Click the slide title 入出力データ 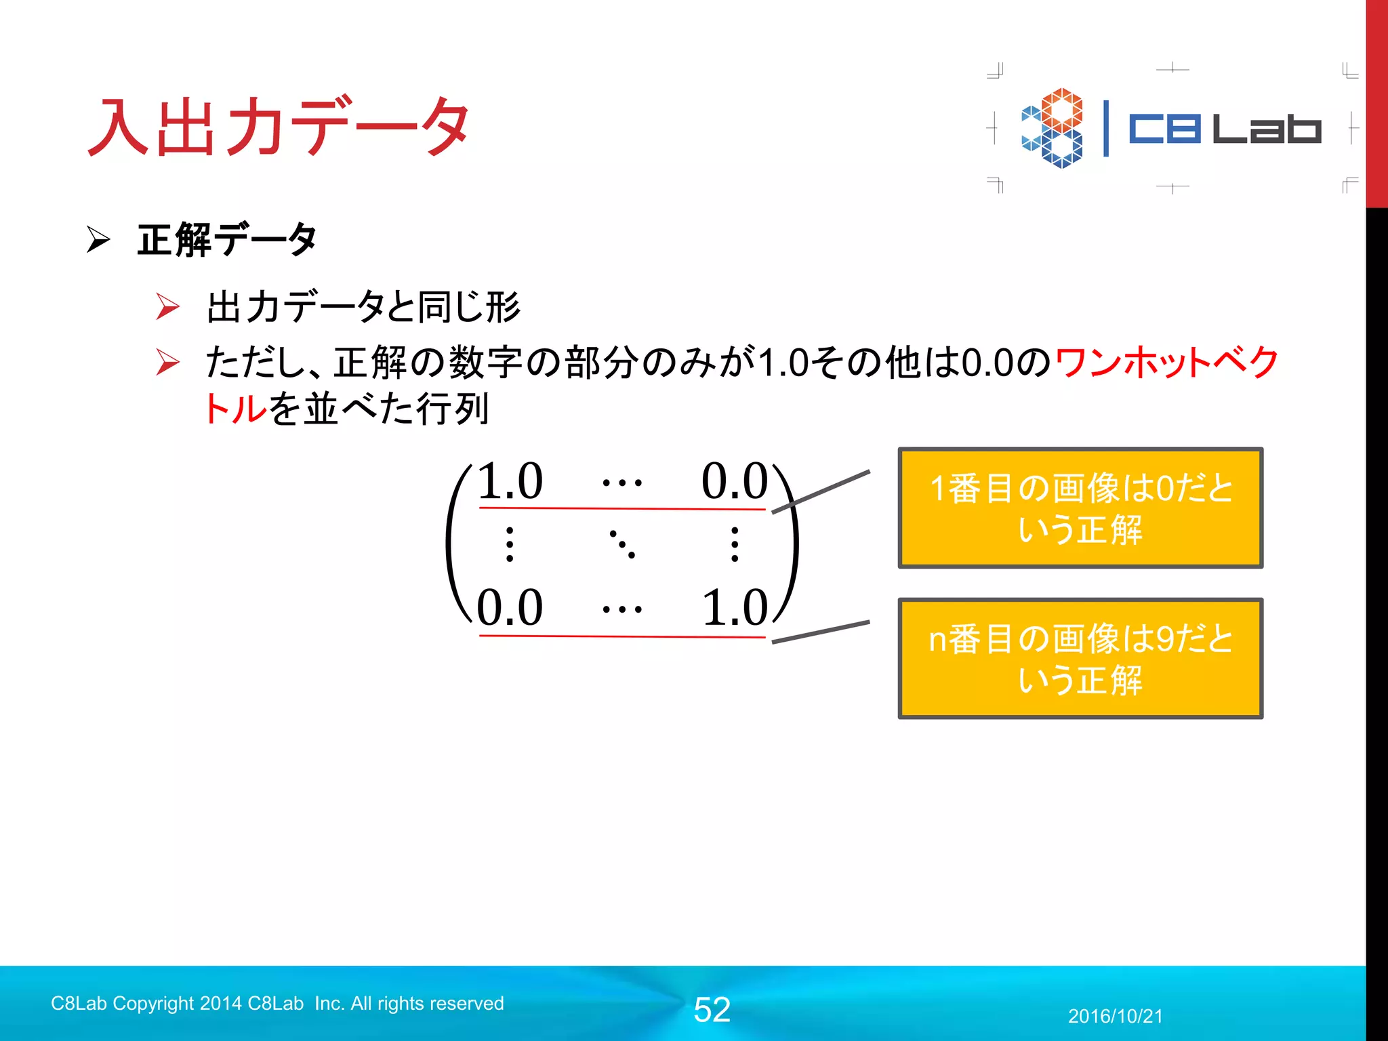pyautogui.click(x=278, y=127)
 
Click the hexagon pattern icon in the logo pyautogui.click(x=1053, y=128)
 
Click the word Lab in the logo pyautogui.click(x=1266, y=128)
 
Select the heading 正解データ pyautogui.click(x=227, y=240)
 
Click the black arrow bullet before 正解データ pyautogui.click(x=98, y=240)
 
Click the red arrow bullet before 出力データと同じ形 pyautogui.click(x=167, y=306)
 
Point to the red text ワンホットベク pyautogui.click(x=1166, y=362)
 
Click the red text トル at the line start pyautogui.click(x=235, y=409)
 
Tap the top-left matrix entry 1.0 pyautogui.click(x=510, y=481)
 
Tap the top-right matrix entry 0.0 pyautogui.click(x=734, y=481)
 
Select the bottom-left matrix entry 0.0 pyautogui.click(x=510, y=607)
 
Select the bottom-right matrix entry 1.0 pyautogui.click(x=734, y=607)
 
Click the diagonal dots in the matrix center pyautogui.click(x=622, y=544)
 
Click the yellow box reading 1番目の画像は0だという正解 pyautogui.click(x=1080, y=508)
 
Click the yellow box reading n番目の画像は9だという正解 pyautogui.click(x=1080, y=658)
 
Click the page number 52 pyautogui.click(x=712, y=1010)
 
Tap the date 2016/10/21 pyautogui.click(x=1115, y=1016)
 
